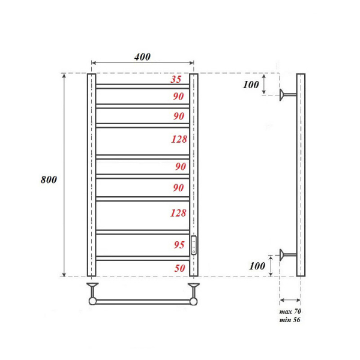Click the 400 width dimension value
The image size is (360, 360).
(142, 57)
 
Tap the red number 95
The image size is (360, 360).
(179, 245)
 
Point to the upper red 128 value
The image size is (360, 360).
(179, 139)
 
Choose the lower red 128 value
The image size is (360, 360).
(179, 212)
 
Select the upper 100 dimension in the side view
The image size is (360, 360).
(251, 85)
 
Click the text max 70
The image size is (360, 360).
(290, 312)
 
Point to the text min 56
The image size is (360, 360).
(290, 320)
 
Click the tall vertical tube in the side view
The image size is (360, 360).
(301, 174)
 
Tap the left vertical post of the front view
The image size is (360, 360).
(92, 174)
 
